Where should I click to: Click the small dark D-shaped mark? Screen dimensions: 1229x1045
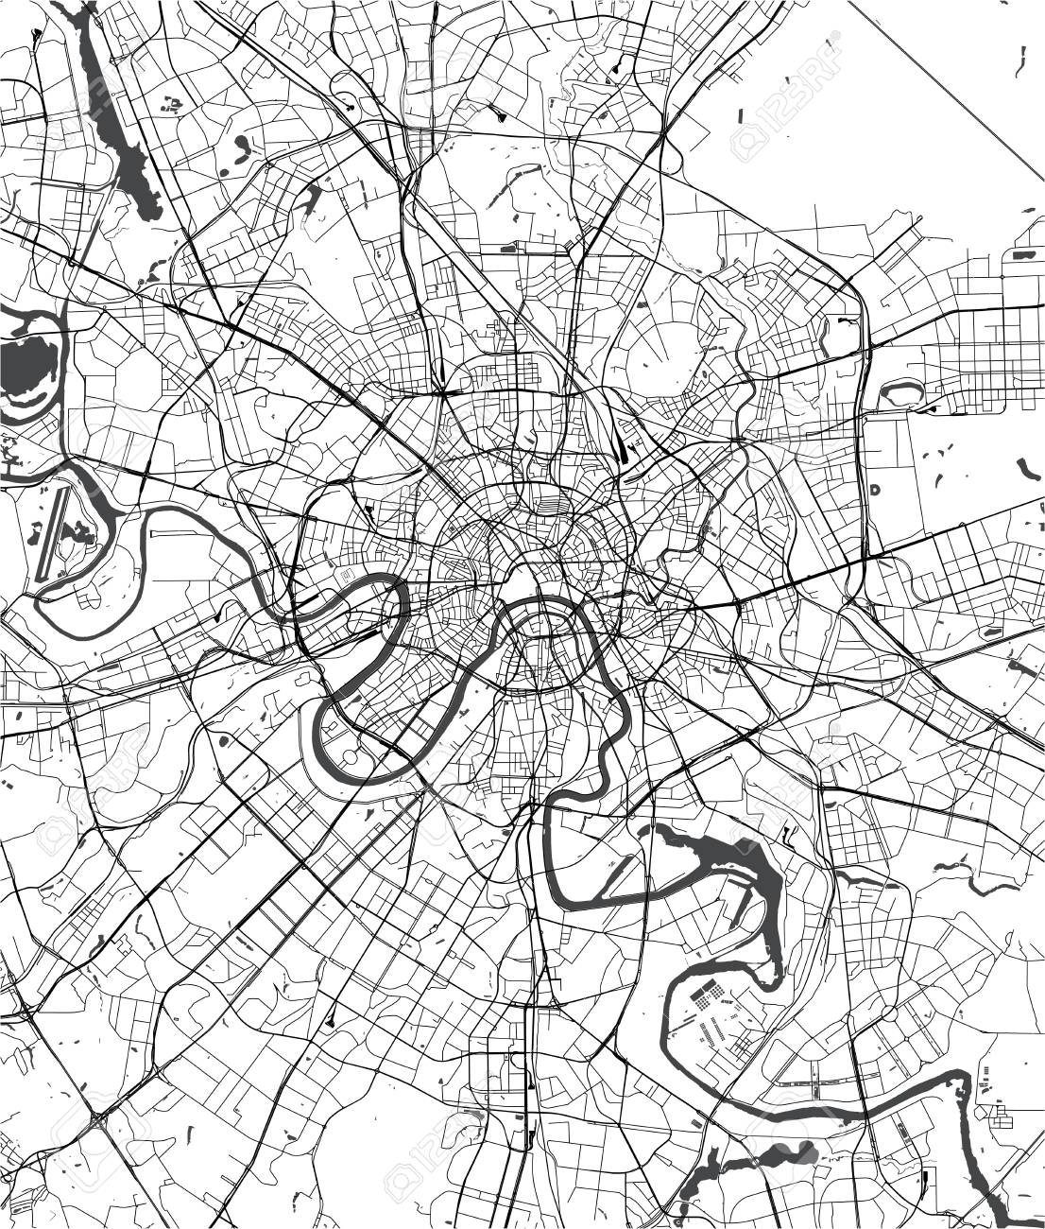pos(875,490)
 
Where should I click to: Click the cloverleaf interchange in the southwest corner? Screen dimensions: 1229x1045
pos(99,1121)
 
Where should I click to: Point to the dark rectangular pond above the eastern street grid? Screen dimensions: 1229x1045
pos(1023,254)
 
